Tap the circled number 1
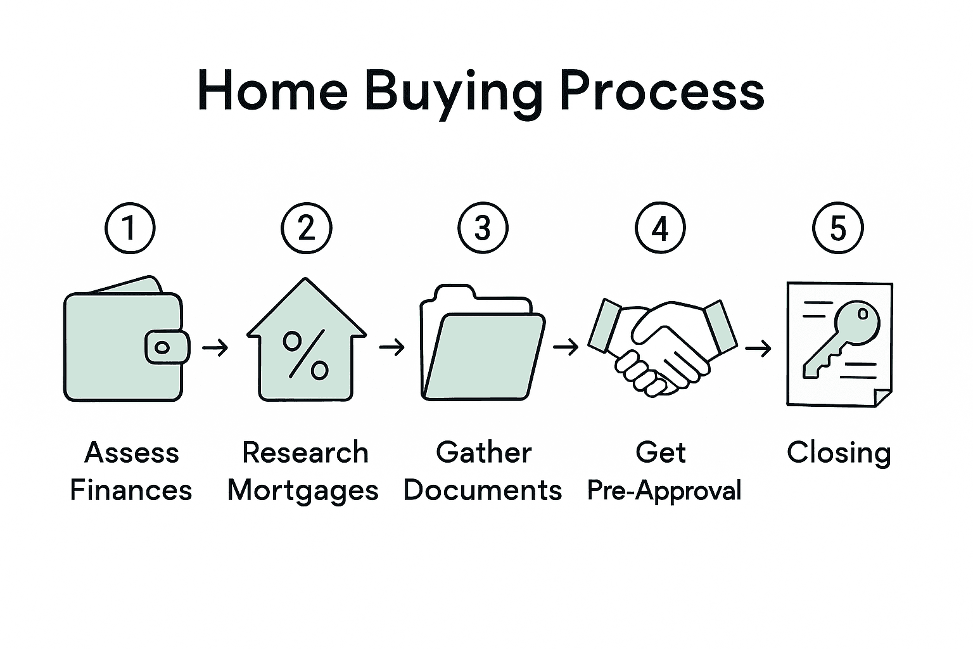130,228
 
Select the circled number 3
483,228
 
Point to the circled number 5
837,228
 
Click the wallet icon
120,342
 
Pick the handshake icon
661,345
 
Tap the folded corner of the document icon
883,397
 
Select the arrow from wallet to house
215,347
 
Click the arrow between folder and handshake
566,347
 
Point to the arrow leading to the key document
758,347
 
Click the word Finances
131,491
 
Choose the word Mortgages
303,491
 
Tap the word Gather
484,453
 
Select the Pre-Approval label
664,491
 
